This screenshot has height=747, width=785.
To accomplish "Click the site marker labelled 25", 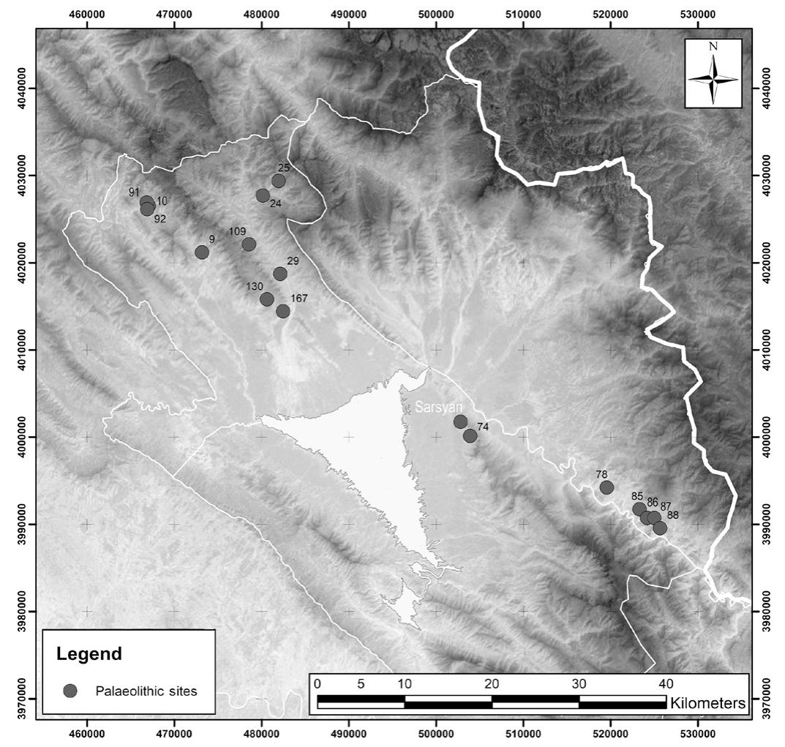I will coord(279,181).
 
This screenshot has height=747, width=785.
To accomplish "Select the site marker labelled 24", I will coord(263,195).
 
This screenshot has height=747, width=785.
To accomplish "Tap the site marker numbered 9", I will coord(202,252).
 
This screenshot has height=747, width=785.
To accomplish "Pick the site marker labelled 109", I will coord(249,244).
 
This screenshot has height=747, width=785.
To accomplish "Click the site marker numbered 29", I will coord(280,274).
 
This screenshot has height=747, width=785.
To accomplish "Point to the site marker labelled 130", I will coord(267,299).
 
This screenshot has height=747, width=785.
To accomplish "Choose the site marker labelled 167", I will coord(283,311).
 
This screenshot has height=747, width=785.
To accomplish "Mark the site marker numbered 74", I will coord(470,436).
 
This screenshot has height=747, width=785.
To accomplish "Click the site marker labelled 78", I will coord(606,487).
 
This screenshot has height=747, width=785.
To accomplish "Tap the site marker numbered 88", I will coord(660,528).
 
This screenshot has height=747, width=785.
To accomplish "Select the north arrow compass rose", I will coord(713,73).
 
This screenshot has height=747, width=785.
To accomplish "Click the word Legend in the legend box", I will coord(89,653).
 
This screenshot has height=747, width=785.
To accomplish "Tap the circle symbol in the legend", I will coord(71,691).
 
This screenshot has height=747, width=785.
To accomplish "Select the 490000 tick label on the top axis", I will coord(349,14).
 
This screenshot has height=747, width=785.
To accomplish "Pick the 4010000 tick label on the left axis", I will coord(19,350).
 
